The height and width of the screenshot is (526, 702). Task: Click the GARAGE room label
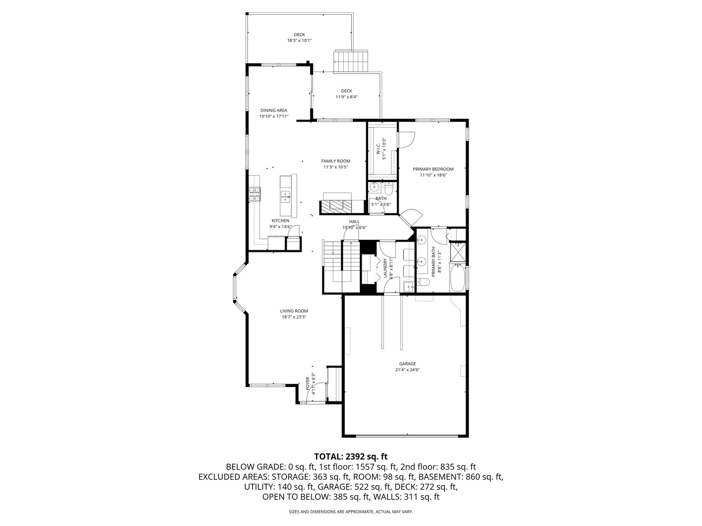[407, 363]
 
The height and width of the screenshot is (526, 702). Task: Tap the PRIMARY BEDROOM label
[433, 169]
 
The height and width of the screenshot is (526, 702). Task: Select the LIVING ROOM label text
[294, 311]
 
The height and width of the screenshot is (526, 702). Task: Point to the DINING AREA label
[274, 111]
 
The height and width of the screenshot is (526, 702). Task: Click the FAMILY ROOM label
[335, 161]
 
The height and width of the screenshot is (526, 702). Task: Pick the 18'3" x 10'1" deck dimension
[299, 40]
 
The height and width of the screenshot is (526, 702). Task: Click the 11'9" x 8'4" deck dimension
[346, 97]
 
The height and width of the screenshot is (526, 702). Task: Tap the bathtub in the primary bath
[457, 277]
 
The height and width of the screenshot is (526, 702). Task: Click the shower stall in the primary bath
[458, 252]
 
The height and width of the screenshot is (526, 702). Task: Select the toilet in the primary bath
[423, 282]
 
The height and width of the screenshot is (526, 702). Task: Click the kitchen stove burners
[255, 194]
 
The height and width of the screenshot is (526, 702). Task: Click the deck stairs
[351, 61]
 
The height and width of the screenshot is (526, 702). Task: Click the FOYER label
[308, 383]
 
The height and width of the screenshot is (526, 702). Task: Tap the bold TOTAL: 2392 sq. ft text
[351, 456]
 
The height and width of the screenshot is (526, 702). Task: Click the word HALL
[354, 221]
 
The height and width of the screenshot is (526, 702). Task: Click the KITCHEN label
[280, 221]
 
